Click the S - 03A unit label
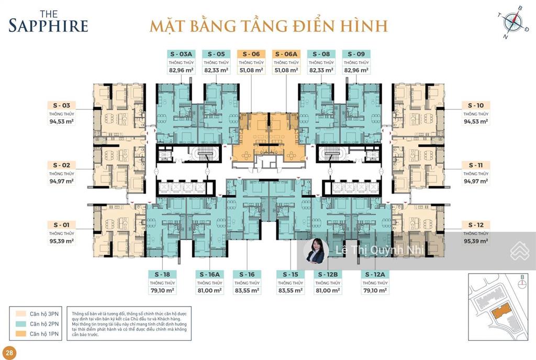[x=182, y=53]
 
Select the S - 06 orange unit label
[x=251, y=53]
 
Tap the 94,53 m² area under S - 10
[x=475, y=121]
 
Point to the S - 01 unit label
[x=62, y=225]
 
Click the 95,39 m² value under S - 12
[x=475, y=241]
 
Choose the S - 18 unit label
[x=162, y=274]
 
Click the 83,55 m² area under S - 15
[x=290, y=290]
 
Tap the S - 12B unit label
[x=327, y=274]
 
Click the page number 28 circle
[x=8, y=351]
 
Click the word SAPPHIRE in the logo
[x=48, y=25]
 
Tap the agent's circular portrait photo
[x=316, y=251]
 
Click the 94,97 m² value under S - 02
[x=62, y=181]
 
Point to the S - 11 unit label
[x=475, y=165]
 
